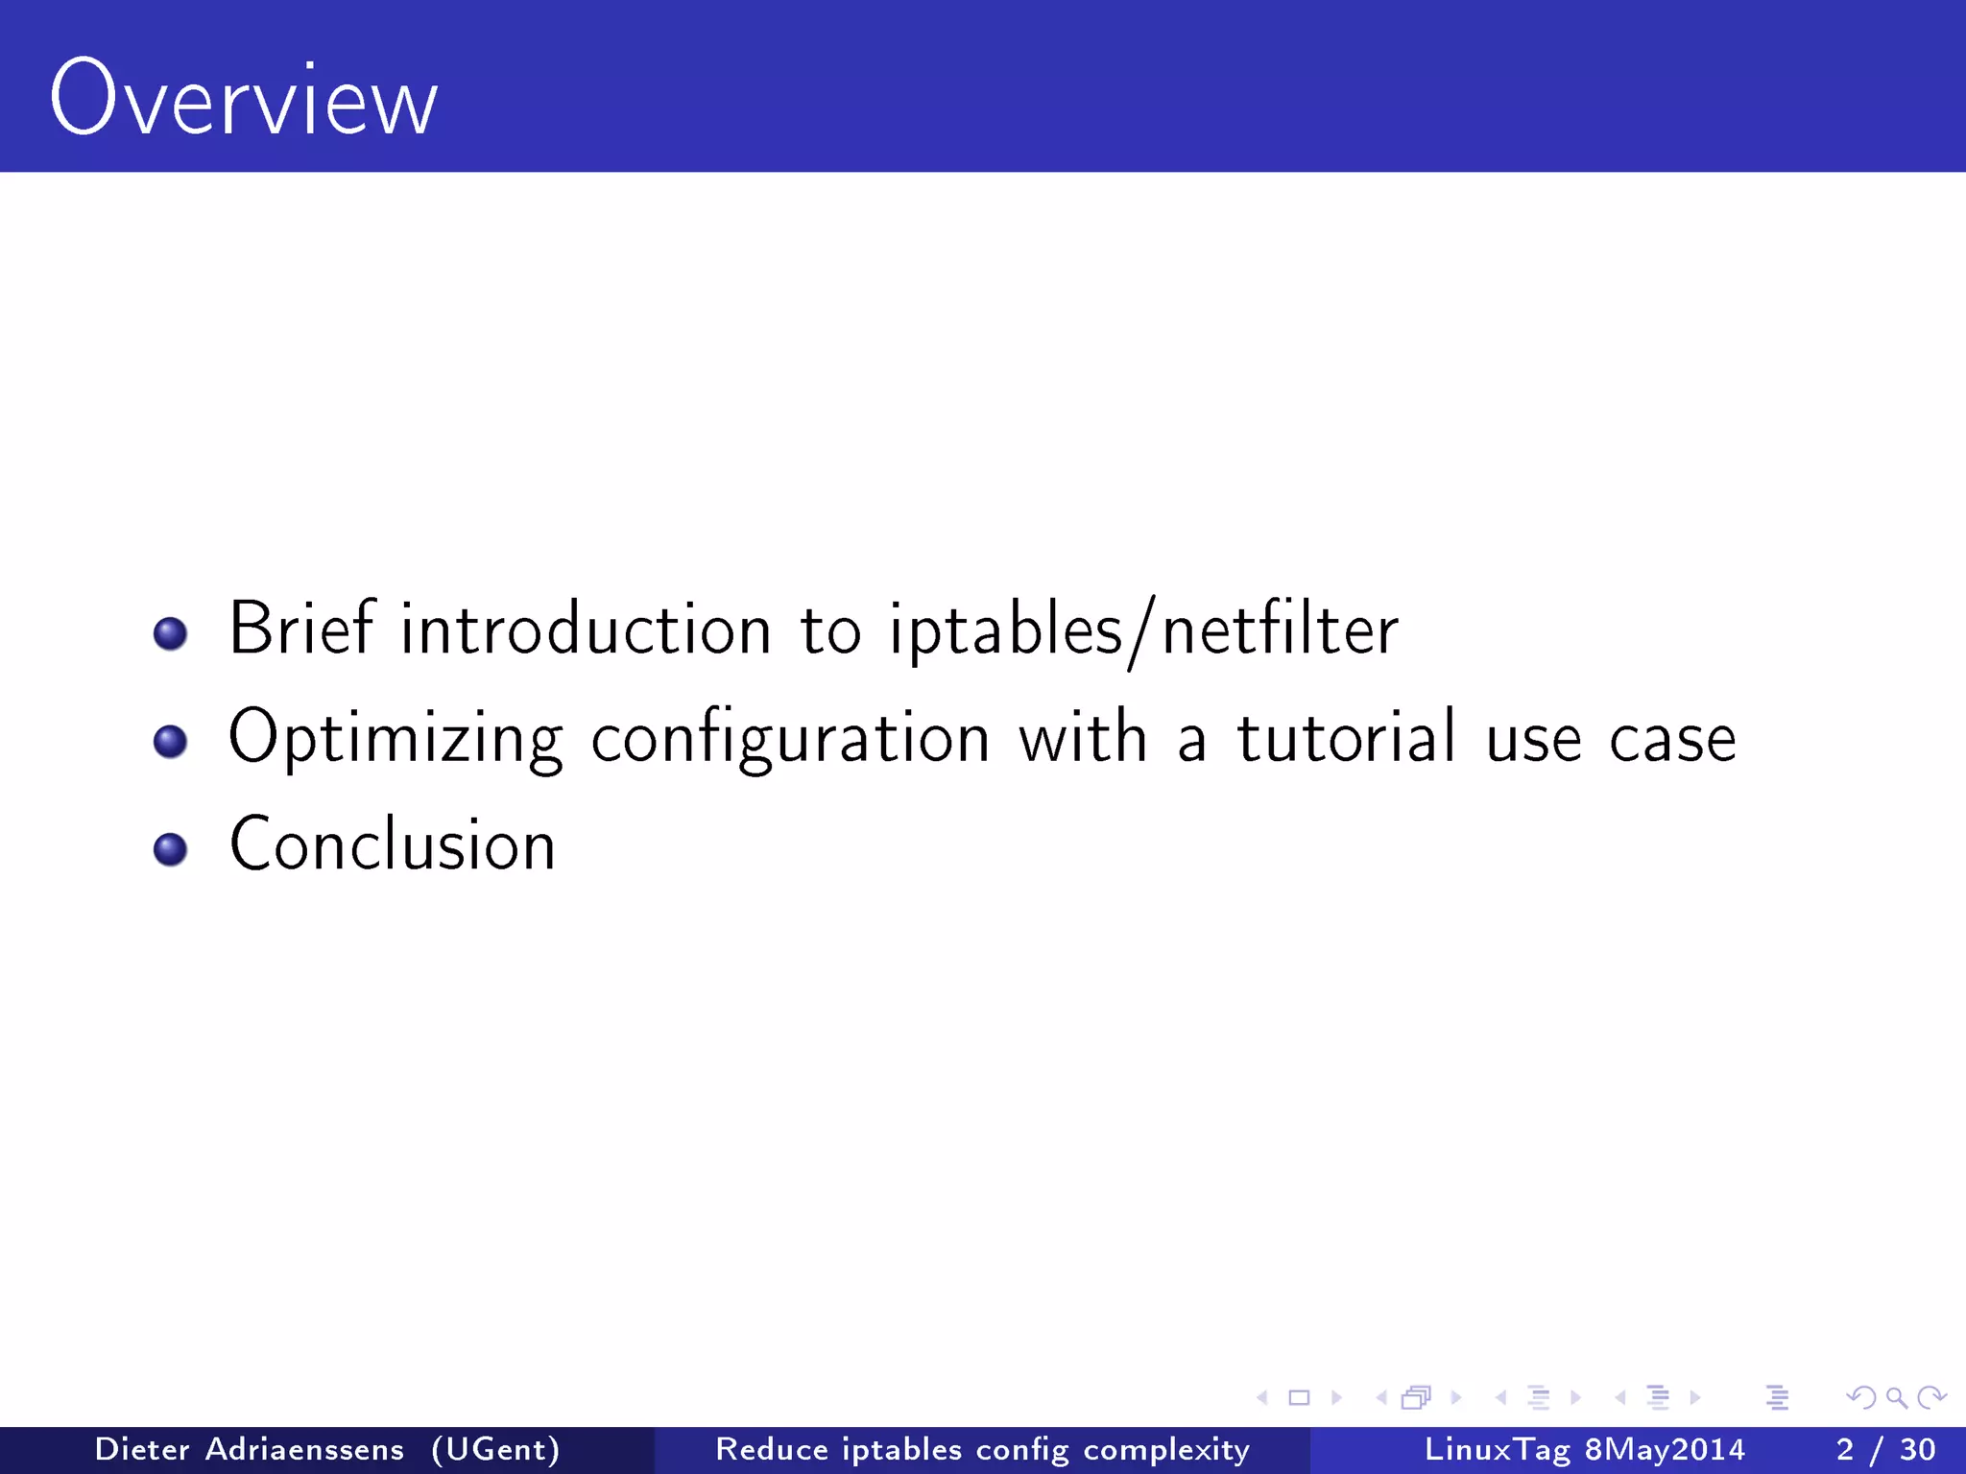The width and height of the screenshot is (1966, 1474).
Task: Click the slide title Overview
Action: click(244, 100)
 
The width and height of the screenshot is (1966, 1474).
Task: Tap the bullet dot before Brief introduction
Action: click(170, 633)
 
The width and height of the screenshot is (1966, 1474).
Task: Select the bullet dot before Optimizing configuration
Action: click(170, 741)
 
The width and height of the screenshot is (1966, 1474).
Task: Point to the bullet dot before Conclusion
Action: click(170, 848)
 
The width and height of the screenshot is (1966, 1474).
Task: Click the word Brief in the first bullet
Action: click(300, 630)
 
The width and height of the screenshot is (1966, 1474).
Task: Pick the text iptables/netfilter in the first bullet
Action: click(1142, 631)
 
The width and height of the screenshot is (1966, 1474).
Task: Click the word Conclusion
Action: click(393, 844)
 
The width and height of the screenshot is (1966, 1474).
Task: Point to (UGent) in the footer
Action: click(495, 1449)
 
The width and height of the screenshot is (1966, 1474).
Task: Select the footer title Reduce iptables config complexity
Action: click(982, 1449)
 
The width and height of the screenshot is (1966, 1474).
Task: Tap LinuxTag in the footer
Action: click(1497, 1449)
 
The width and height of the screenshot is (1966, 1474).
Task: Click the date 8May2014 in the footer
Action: click(1665, 1449)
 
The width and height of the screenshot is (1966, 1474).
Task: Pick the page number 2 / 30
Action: click(1885, 1449)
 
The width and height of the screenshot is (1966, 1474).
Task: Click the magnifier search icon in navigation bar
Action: click(1896, 1398)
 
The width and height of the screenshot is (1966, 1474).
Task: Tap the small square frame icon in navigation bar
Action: click(1299, 1398)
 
